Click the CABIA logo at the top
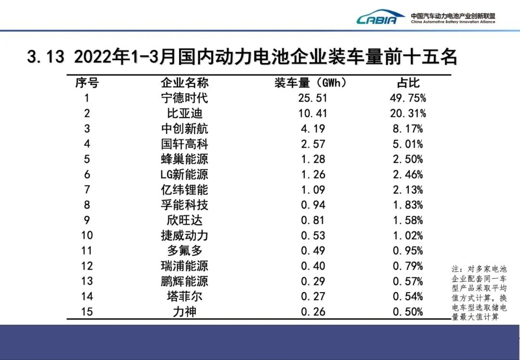point(380,18)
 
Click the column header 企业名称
point(184,83)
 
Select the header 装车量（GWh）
point(311,83)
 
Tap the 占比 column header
point(408,83)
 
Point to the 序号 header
point(87,83)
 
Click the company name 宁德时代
point(184,98)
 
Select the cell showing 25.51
point(313,98)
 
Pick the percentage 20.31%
point(408,114)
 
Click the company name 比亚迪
point(184,114)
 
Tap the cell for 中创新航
point(184,129)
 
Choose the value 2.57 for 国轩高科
point(313,144)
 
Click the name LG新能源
point(184,174)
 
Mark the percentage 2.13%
point(408,190)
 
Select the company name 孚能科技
point(184,205)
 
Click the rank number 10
point(87,235)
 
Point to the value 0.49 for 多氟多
point(313,251)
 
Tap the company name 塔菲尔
point(184,296)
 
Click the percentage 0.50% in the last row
point(408,312)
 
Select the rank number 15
point(87,312)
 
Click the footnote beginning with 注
point(479,293)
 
